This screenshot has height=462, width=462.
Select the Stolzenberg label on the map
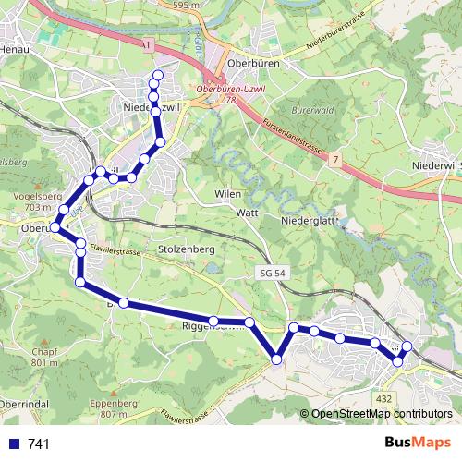click(187, 249)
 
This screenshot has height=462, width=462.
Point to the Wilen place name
click(227, 195)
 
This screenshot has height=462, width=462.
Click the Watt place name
click(246, 213)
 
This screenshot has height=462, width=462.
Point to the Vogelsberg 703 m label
click(39, 203)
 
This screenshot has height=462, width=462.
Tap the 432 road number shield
click(383, 398)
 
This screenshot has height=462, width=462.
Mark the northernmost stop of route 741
click(157, 75)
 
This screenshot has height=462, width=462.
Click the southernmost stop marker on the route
click(276, 359)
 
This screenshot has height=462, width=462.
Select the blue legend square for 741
click(15, 444)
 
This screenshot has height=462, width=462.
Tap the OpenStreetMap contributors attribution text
click(382, 414)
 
